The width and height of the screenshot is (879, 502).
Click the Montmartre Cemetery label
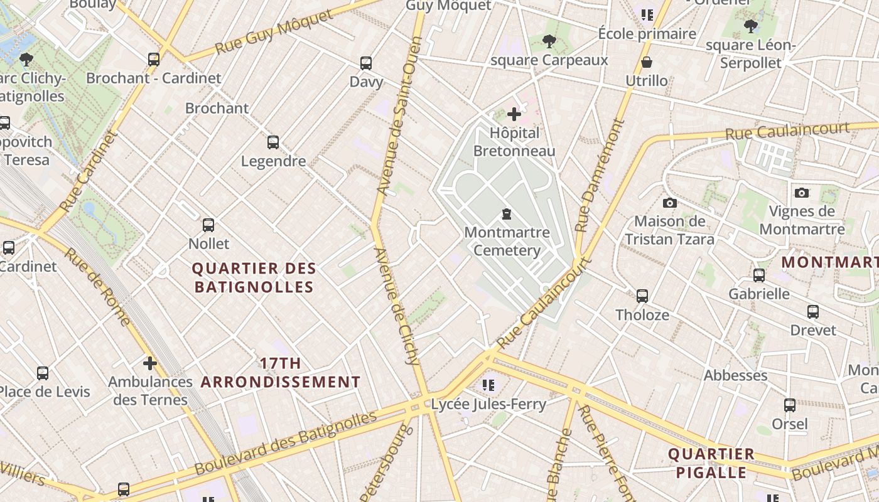coord(507,241)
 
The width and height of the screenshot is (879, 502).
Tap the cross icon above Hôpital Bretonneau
coord(514,114)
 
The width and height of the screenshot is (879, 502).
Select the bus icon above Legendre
coord(273,142)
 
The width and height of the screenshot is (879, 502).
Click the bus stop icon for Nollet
coord(208,225)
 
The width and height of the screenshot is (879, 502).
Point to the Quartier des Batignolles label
coord(254,277)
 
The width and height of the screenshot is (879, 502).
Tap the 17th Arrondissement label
coord(281,372)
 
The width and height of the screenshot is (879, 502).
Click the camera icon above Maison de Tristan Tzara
coord(670,203)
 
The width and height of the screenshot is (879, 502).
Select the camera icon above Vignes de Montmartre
coord(801,193)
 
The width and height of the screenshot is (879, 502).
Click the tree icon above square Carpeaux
coord(549,41)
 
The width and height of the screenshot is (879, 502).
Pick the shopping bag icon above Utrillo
coord(647,62)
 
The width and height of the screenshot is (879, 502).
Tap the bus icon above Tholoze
coord(642,296)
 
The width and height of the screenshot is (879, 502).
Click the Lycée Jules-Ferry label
coord(488,404)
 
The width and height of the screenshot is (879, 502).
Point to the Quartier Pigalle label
coord(711,462)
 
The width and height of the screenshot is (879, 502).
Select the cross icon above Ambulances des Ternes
coord(149,363)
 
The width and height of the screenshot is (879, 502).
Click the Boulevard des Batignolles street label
coord(286,443)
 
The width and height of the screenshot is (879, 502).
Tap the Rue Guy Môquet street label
coord(274,32)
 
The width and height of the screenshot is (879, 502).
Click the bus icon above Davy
coord(366,63)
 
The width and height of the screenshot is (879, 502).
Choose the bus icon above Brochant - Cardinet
coord(154,60)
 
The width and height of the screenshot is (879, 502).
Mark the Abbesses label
coord(735,375)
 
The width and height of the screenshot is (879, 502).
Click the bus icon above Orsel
coord(790,405)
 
